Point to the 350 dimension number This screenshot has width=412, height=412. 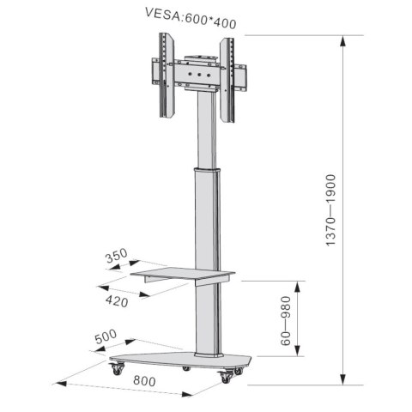(x=117, y=256)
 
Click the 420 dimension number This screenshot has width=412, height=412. (x=117, y=301)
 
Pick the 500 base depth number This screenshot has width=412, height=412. (x=106, y=337)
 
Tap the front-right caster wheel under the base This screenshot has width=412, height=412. (x=227, y=377)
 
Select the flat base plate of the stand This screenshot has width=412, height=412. (x=180, y=359)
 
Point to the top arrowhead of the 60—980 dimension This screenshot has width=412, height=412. (x=297, y=283)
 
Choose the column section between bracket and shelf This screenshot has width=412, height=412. (x=205, y=215)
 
